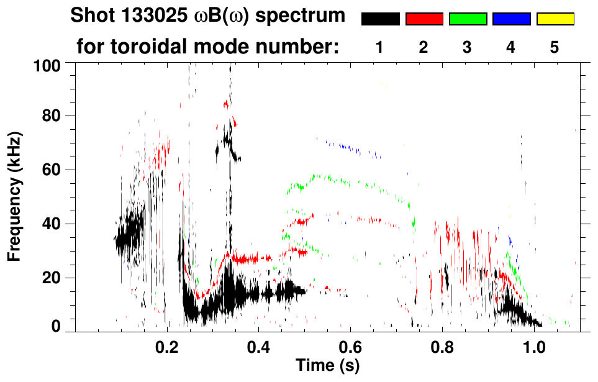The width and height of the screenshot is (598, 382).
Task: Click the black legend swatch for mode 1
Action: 380,19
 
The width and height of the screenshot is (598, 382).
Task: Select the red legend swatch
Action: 424,19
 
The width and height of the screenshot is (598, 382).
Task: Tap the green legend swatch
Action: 468,19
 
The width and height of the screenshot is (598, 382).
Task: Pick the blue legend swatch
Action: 511,19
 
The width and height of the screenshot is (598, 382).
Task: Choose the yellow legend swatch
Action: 555,19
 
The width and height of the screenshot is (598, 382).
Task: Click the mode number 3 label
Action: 467,48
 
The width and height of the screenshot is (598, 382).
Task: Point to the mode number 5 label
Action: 555,48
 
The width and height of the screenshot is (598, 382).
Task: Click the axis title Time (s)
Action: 327,365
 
